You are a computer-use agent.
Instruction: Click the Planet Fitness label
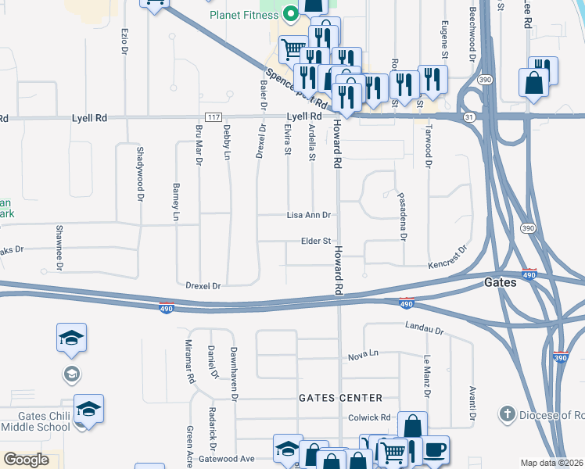coord(243,15)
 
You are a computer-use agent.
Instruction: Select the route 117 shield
coord(210,116)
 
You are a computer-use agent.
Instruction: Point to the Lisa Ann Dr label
coord(309,215)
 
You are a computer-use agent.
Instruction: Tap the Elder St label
coord(317,242)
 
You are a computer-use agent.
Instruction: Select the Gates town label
coord(500,282)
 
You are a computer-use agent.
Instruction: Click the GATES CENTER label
coord(341,398)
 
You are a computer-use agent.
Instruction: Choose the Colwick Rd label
coord(370,418)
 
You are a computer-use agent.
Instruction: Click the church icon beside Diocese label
coord(507,414)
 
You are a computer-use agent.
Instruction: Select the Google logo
coord(26,460)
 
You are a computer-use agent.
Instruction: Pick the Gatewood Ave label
coord(227,459)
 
